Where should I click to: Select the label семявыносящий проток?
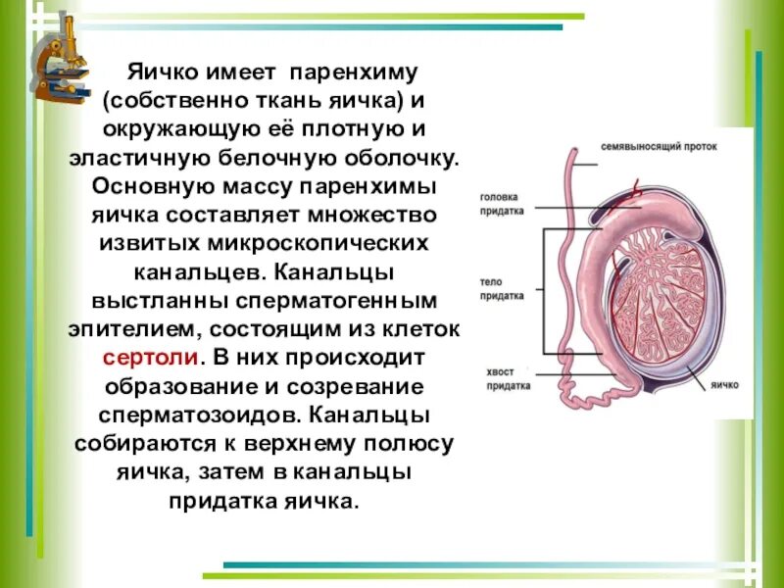point(660,146)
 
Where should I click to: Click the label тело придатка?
point(502,285)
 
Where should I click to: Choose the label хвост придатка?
point(508,378)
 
